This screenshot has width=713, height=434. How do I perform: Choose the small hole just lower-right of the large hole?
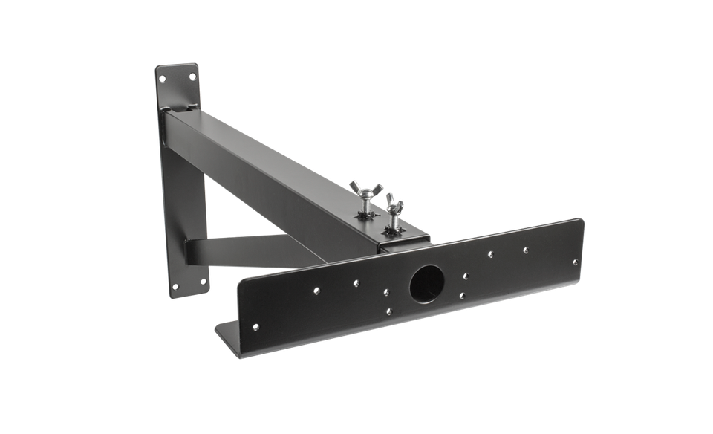(462, 296)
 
